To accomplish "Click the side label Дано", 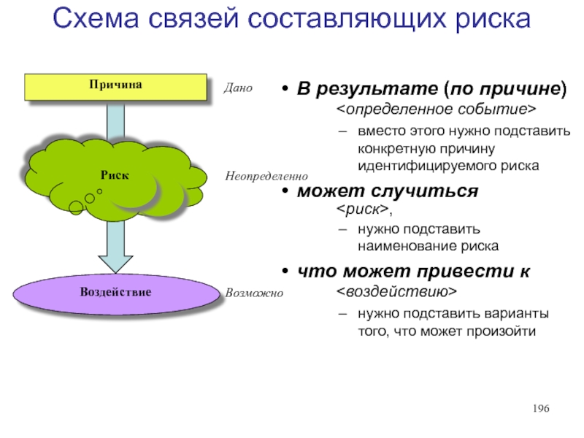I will (x=239, y=89).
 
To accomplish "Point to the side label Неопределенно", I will (x=266, y=177).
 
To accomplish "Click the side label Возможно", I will (x=254, y=293).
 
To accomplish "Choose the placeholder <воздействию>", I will (x=396, y=292).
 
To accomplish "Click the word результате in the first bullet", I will (x=377, y=90).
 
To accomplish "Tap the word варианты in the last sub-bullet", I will (x=519, y=315).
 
